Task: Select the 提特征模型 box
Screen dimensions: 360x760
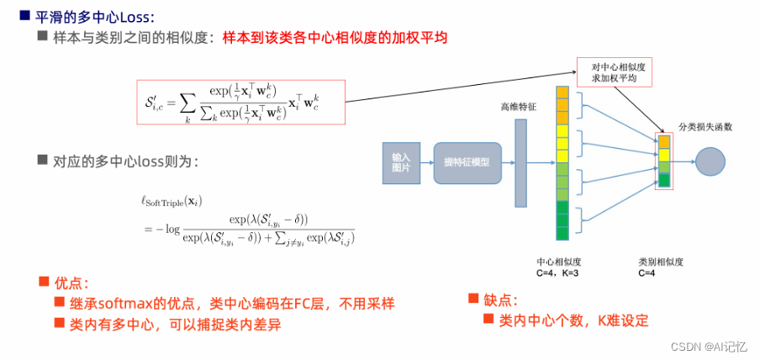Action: pos(467,162)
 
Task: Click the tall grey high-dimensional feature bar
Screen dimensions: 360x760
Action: pos(520,163)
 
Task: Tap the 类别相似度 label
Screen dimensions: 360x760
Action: pos(657,261)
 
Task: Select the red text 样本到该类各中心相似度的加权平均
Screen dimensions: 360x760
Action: pos(335,39)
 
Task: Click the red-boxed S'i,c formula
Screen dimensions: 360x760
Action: pos(240,102)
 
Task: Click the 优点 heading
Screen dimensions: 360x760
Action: pos(71,283)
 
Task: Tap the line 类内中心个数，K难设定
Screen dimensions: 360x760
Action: pos(573,320)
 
